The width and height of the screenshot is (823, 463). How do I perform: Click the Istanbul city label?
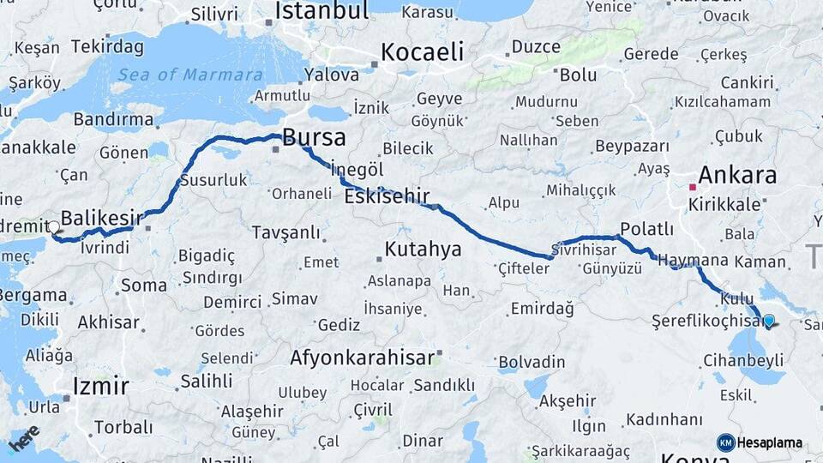pyautogui.click(x=321, y=11)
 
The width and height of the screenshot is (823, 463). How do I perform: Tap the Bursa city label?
pyautogui.click(x=314, y=137)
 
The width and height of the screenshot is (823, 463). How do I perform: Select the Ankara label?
pyautogui.click(x=737, y=176)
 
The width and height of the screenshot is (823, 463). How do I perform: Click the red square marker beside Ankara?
pyautogui.click(x=693, y=186)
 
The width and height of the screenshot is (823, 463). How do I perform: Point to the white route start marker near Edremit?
pyautogui.click(x=54, y=227)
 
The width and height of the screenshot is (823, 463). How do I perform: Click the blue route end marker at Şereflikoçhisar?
pyautogui.click(x=768, y=322)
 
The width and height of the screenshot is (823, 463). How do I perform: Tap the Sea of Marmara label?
pyautogui.click(x=189, y=75)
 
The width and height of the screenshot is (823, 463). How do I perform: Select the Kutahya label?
pyautogui.click(x=423, y=250)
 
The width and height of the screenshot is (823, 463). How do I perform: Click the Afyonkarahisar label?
pyautogui.click(x=362, y=358)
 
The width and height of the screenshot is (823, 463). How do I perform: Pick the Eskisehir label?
pyautogui.click(x=387, y=197)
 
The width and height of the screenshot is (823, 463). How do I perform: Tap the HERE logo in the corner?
pyautogui.click(x=24, y=438)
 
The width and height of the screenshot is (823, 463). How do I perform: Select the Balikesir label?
pyautogui.click(x=101, y=219)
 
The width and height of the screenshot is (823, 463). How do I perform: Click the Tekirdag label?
pyautogui.click(x=108, y=46)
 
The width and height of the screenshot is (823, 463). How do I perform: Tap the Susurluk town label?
pyautogui.click(x=213, y=180)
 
